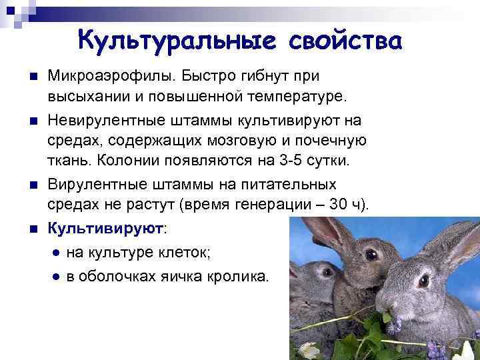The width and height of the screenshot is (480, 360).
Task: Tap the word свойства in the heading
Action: pyautogui.click(x=345, y=41)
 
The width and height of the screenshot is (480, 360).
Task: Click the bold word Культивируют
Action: pyautogui.click(x=105, y=228)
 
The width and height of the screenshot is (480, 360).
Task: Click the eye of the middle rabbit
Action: pyautogui.click(x=371, y=255)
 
